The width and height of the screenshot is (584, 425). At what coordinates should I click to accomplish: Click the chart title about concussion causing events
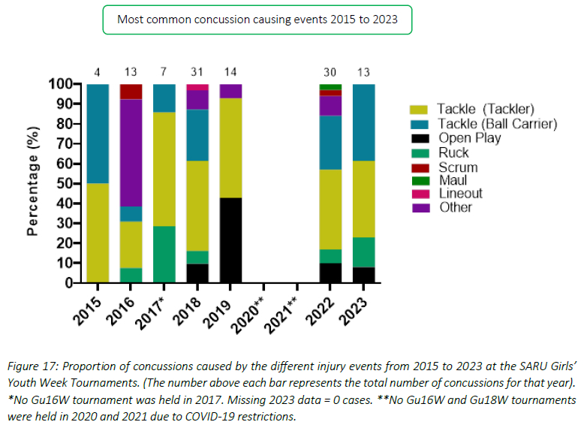coord(257,20)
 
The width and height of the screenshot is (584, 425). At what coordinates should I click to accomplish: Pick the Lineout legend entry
coord(461,193)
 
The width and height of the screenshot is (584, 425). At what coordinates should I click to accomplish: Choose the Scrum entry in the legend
coord(458,166)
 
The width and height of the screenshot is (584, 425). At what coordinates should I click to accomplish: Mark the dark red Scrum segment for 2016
coord(131,92)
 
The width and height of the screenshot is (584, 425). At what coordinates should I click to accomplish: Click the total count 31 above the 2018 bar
coord(197,72)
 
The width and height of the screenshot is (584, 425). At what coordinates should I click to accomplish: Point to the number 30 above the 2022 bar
coord(330,72)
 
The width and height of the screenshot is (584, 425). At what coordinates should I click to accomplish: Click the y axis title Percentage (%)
coord(33,183)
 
